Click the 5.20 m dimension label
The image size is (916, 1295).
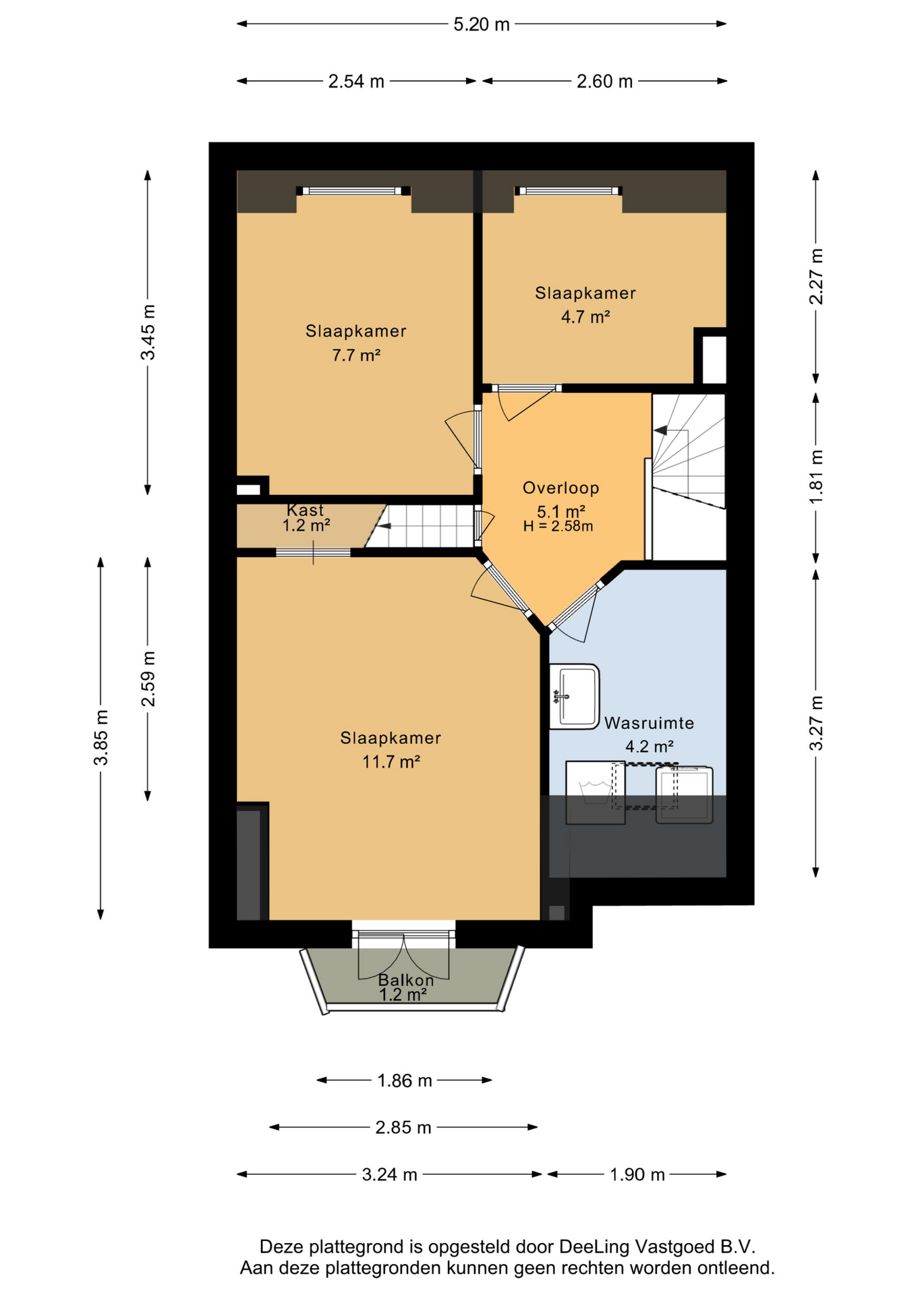pos(481,25)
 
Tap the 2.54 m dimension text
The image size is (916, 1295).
pos(356,82)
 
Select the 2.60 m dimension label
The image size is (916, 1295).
pos(604,82)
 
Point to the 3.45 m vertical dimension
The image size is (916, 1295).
pos(148,332)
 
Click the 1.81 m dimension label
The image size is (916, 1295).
pos(816,476)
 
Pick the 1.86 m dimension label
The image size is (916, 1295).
pos(404,1081)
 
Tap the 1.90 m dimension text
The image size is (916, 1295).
pos(637,1174)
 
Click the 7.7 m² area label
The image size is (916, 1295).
pos(356,355)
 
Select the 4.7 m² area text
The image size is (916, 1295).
pos(585,316)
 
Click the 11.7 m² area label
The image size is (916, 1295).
pos(391,761)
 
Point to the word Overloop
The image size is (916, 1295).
pos(561,488)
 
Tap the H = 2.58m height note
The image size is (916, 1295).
pos(558,526)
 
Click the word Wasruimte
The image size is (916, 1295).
pos(649,723)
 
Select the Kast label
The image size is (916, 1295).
pos(305,510)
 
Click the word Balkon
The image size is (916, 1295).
pos(405,980)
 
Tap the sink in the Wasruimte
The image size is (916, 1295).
pos(574,697)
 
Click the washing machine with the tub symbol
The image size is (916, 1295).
pos(595,793)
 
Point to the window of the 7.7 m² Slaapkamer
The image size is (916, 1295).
pos(353,191)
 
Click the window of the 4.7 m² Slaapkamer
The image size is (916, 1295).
pos(568,191)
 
